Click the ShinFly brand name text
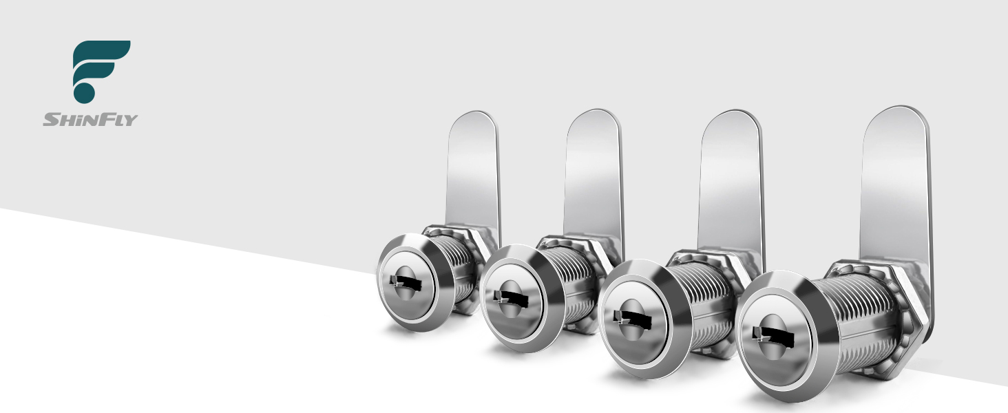point(90,120)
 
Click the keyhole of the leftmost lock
point(406,284)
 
